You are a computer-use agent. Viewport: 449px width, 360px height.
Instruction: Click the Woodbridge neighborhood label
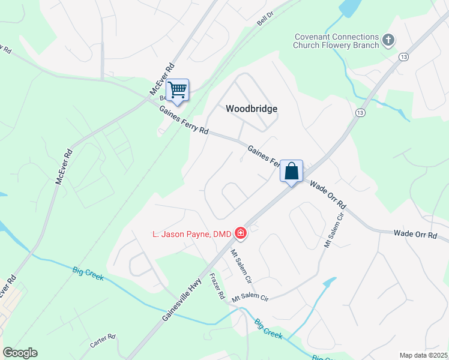click(x=252, y=109)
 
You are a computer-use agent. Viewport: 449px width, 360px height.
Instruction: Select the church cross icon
click(x=388, y=40)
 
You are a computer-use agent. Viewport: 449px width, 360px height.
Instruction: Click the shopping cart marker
click(x=177, y=91)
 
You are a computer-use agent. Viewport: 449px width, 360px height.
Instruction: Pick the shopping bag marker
click(x=291, y=171)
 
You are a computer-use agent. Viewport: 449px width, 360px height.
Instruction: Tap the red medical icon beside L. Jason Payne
click(x=241, y=232)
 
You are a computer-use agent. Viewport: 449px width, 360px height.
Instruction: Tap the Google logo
click(x=20, y=353)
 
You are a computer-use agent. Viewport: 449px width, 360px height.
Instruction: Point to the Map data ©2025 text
click(x=423, y=355)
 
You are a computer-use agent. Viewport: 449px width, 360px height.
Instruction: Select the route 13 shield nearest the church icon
click(x=403, y=56)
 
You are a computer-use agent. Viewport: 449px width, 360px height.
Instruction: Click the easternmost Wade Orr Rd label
click(x=415, y=234)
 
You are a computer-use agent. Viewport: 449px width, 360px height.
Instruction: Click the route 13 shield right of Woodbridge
click(x=360, y=113)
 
